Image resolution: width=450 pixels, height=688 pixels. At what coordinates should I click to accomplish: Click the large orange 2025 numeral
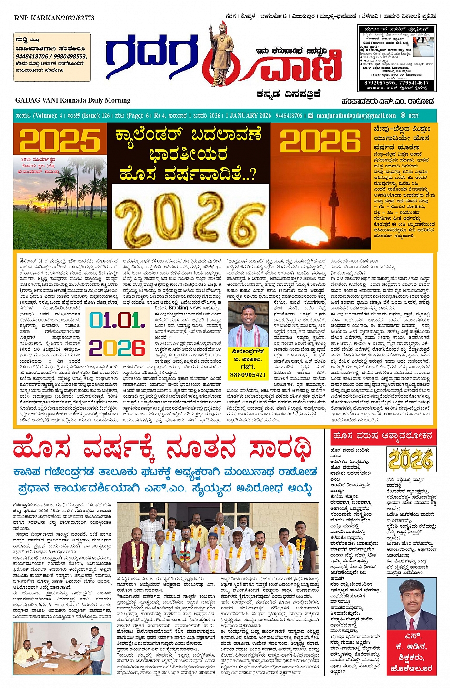[60, 141]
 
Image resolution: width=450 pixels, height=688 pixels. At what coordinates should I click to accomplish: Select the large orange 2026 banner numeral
[320, 141]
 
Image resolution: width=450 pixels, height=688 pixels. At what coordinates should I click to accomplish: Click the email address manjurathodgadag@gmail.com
[356, 116]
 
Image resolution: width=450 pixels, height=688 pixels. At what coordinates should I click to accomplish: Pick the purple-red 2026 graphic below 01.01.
[117, 348]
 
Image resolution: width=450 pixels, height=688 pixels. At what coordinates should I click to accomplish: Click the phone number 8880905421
[248, 375]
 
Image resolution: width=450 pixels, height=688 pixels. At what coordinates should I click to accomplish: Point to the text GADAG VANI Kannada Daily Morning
[72, 100]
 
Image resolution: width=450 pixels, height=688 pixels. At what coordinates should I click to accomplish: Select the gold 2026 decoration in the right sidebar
[410, 460]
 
